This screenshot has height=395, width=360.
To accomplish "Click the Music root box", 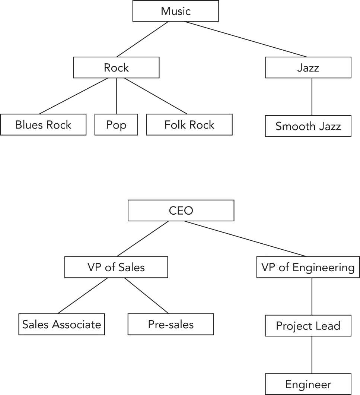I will (x=176, y=11).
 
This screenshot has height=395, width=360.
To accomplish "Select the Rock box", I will (x=116, y=67).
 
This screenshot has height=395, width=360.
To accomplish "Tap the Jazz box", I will (x=308, y=67).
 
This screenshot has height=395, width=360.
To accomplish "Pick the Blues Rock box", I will (x=43, y=124).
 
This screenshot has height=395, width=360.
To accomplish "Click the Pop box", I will (x=116, y=124).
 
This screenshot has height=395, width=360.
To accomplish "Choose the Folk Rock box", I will (x=189, y=124).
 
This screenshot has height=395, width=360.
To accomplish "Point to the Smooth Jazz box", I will (x=308, y=126).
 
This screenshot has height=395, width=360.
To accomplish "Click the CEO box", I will (x=181, y=211).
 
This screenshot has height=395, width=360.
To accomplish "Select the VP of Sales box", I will (x=116, y=267).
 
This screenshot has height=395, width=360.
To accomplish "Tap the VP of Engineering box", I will (x=308, y=267).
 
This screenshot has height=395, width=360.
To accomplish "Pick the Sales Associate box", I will (x=61, y=324).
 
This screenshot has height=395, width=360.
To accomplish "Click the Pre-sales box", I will (x=171, y=324).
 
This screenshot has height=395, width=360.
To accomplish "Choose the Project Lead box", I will (x=308, y=326).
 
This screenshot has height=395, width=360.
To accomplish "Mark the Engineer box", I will (x=308, y=384).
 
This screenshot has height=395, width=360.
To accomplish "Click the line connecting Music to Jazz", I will (x=246, y=39).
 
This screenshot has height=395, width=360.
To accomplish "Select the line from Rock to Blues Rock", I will (x=74, y=96).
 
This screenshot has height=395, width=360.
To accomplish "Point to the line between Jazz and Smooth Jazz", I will (x=312, y=97).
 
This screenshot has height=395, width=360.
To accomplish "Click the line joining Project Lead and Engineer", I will (x=312, y=355).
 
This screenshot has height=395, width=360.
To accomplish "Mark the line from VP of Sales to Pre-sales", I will (x=147, y=296).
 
